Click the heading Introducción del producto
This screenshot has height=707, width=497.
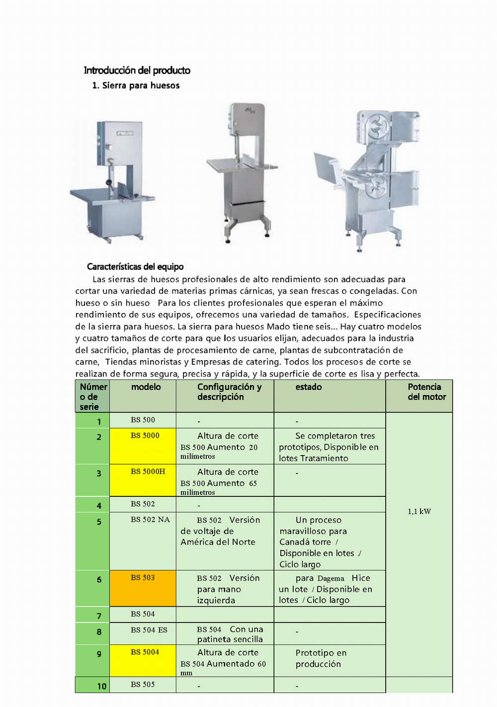[137, 71]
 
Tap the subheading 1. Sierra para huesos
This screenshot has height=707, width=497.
[136, 85]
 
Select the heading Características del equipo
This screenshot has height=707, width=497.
[135, 267]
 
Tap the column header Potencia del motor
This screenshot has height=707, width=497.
[426, 392]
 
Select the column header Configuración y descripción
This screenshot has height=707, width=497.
[229, 392]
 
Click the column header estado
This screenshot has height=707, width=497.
[309, 387]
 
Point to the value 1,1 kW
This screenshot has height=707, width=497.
[419, 512]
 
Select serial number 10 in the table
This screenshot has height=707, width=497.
[101, 686]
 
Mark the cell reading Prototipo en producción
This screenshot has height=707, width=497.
[321, 658]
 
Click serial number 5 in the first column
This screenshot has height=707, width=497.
[99, 522]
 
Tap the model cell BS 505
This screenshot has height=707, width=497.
[143, 685]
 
